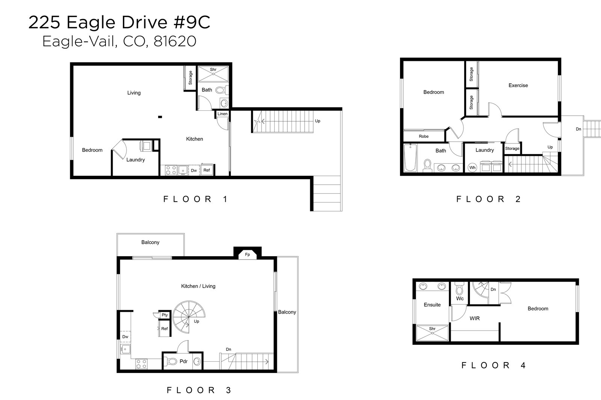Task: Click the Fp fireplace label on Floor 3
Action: pos(248,255)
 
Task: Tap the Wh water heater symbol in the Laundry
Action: pos(472,168)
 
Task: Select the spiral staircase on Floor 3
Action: pos(189,317)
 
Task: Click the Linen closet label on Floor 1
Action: pos(222,114)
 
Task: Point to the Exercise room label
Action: pos(518,85)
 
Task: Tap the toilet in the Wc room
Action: pos(460,289)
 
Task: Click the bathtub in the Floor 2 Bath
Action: pos(410,157)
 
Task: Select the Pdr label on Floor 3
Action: pos(184,361)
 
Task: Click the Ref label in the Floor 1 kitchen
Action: pos(207,170)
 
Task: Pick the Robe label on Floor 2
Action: pos(424,136)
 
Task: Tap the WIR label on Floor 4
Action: pos(475,318)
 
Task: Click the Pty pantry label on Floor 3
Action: pos(165,315)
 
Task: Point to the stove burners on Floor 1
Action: pos(171,170)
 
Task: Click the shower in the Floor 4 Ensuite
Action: pos(432,333)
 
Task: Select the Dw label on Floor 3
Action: pos(125,337)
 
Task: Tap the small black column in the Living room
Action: pos(160,117)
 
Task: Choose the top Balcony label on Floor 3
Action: pos(150,242)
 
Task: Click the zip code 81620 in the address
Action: pos(175,41)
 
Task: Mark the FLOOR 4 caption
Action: pos(494,365)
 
